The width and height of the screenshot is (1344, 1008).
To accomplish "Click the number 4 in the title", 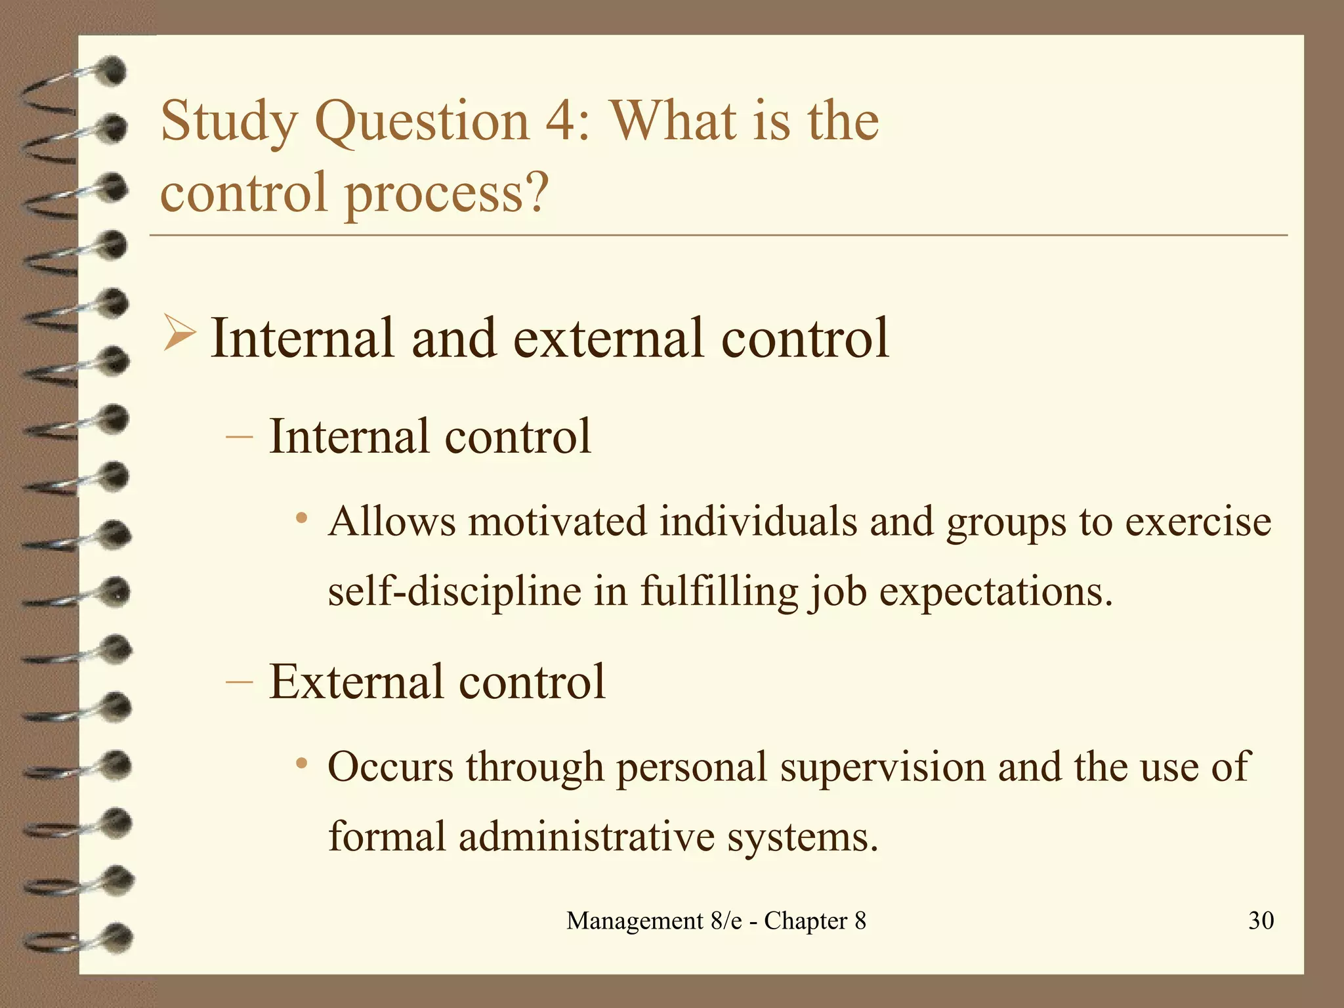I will tap(562, 122).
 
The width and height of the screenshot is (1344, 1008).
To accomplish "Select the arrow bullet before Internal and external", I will tap(178, 333).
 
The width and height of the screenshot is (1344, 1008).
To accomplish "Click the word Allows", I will tap(392, 522).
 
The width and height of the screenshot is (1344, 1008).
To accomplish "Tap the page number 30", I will tap(1261, 921).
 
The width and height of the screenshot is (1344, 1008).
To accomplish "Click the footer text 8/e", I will tap(726, 921).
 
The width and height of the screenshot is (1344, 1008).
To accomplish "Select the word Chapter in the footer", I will tap(806, 921).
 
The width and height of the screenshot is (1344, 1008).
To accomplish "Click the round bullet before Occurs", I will tap(301, 764).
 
